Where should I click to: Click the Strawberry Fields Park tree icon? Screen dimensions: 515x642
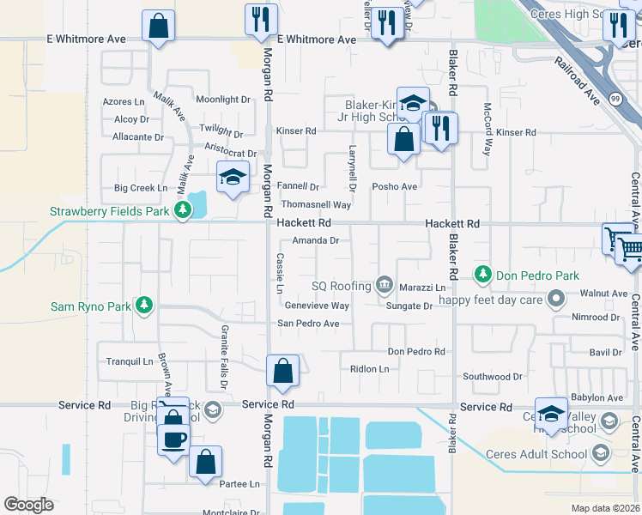pyautogui.click(x=182, y=210)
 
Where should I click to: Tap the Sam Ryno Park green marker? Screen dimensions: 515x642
pyautogui.click(x=145, y=306)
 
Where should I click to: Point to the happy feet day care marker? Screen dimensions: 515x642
pyautogui.click(x=555, y=300)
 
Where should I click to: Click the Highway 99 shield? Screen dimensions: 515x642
pyautogui.click(x=615, y=100)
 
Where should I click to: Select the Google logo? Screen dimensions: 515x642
pyautogui.click(x=28, y=505)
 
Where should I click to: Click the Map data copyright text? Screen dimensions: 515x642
pyautogui.click(x=605, y=508)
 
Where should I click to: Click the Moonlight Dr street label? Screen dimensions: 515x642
pyautogui.click(x=222, y=100)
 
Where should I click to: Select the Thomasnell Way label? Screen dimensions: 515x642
pyautogui.click(x=317, y=205)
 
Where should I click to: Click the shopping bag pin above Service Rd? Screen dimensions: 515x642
pyautogui.click(x=283, y=372)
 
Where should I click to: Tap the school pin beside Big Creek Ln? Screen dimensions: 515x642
pyautogui.click(x=233, y=177)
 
